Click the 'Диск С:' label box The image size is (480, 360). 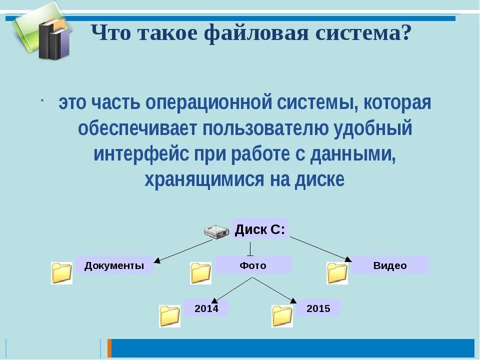click(260, 229)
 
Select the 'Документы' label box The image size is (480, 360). click(114, 265)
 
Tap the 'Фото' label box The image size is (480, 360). click(253, 265)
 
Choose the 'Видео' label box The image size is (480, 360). click(390, 265)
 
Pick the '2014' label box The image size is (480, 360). click(206, 308)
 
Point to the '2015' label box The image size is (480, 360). click(318, 308)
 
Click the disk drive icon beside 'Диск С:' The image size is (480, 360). click(216, 231)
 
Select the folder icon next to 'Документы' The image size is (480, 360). click(62, 273)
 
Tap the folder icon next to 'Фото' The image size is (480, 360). click(200, 273)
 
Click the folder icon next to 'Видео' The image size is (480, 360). click(337, 273)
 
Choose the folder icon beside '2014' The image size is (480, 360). click(169, 316)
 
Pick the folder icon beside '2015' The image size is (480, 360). click(282, 316)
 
